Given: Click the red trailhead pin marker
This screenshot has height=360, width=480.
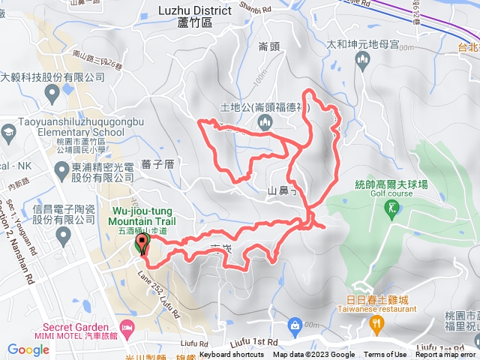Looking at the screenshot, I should (141, 244).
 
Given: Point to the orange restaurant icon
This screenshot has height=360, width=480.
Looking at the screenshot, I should (376, 322).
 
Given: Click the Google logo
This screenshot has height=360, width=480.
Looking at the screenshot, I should (28, 349).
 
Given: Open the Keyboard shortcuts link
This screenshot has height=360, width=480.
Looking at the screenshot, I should (232, 355).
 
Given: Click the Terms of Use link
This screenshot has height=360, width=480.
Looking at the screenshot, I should (385, 355).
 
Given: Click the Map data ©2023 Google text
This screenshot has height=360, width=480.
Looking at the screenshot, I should (313, 355).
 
